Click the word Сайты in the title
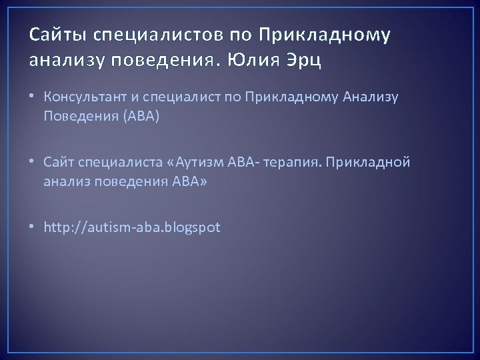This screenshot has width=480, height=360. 51,33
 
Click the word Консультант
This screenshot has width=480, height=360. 82,99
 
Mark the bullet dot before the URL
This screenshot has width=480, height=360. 33,228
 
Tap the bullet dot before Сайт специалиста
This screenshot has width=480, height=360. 33,163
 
